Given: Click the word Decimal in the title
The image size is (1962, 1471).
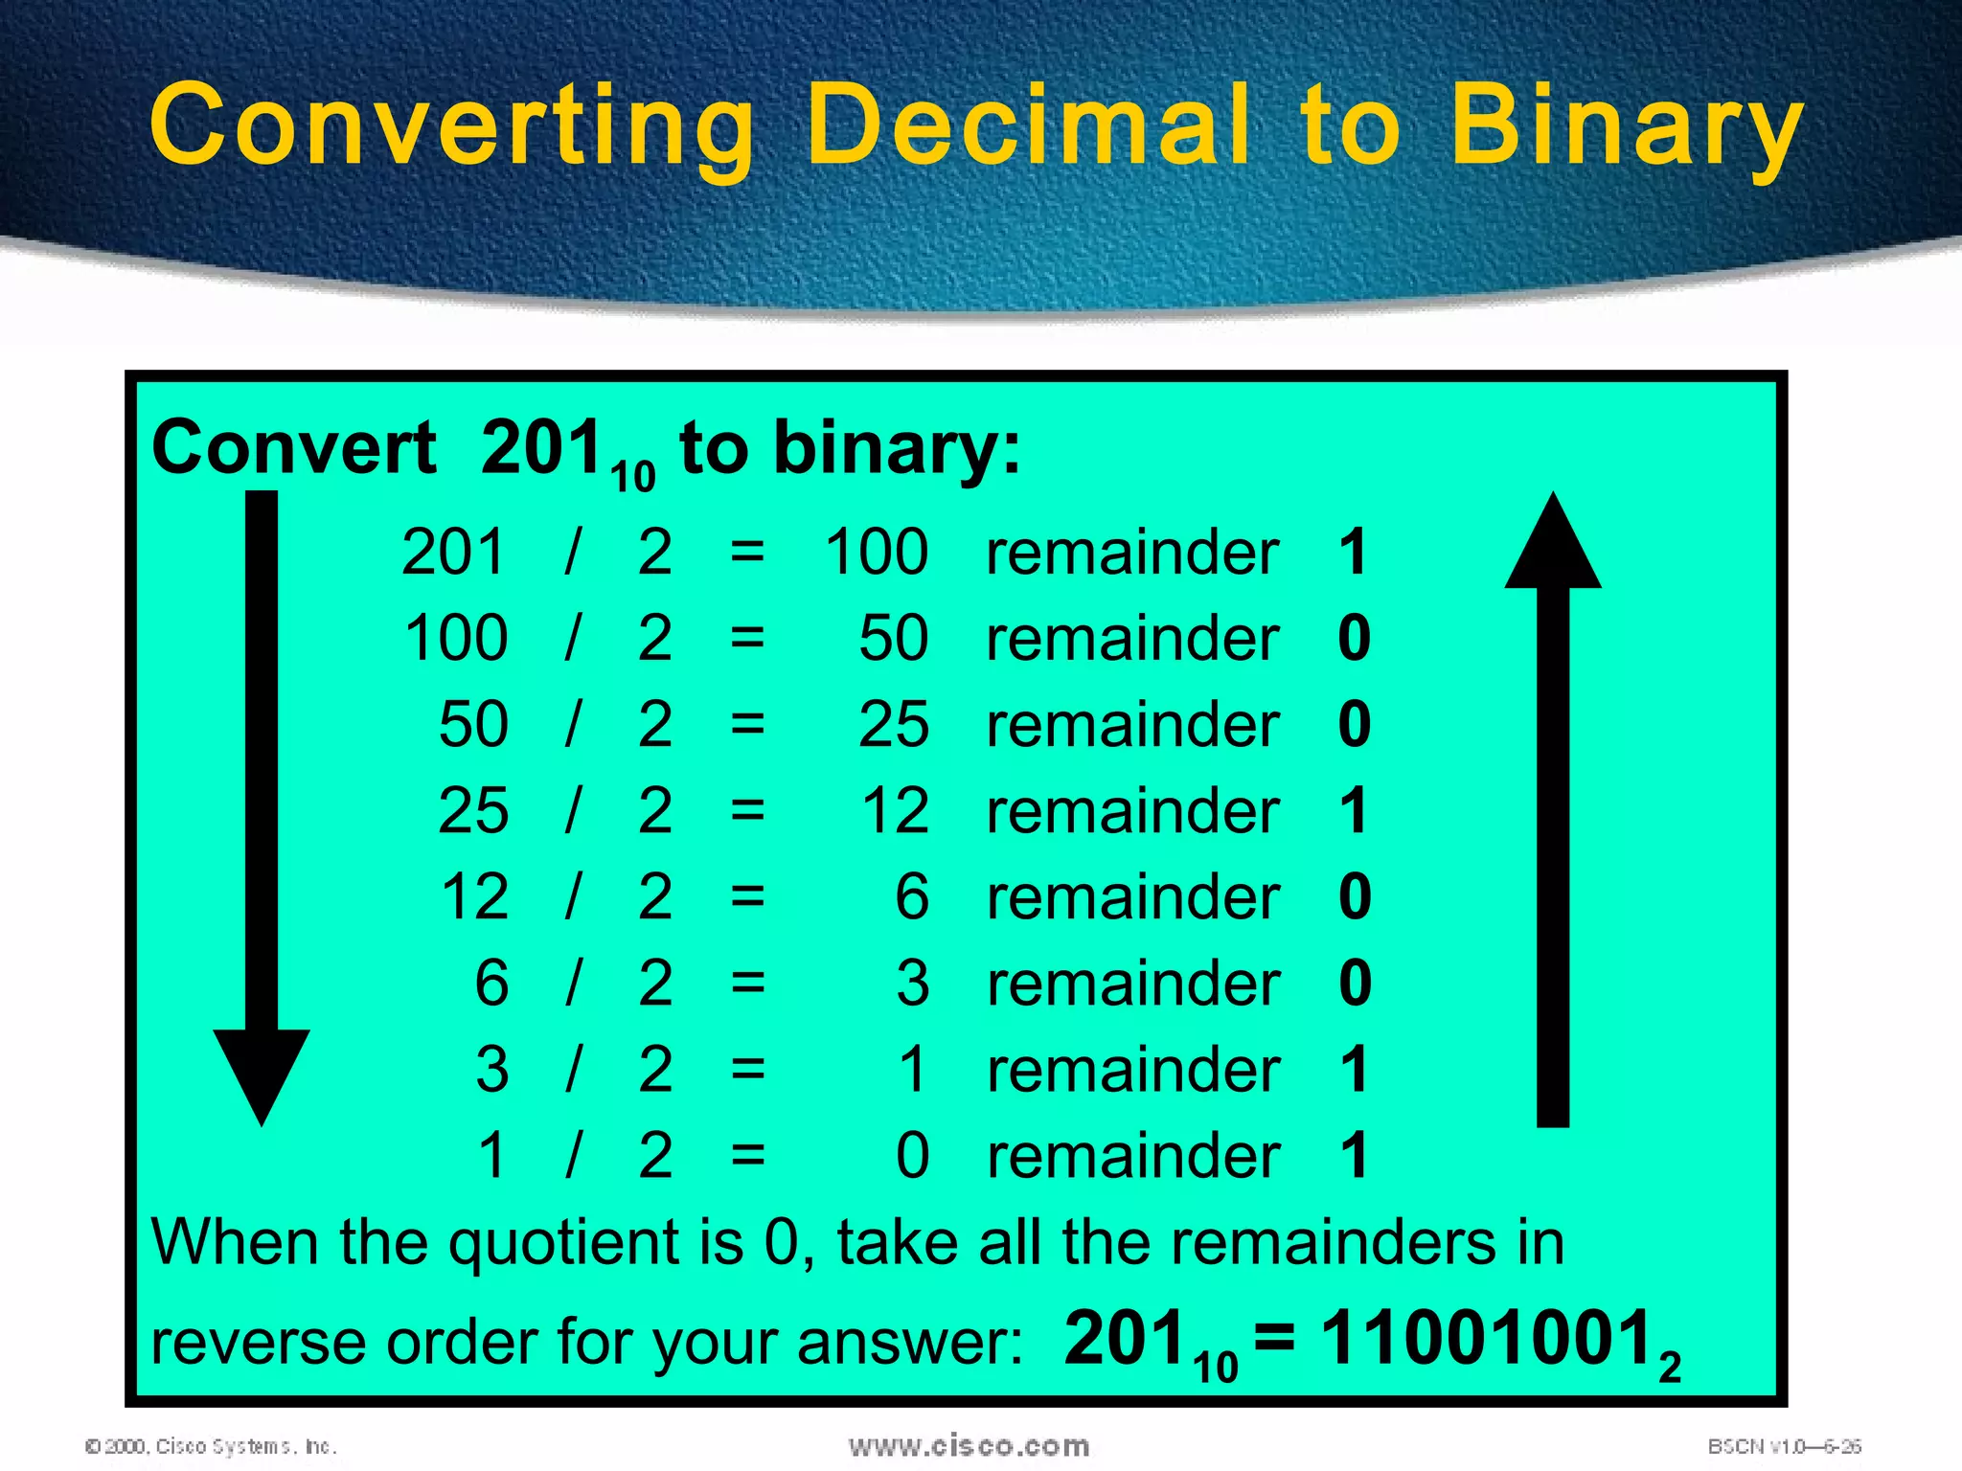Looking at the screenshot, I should click(1028, 124).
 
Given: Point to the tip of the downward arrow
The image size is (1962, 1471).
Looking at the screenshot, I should click(262, 1120).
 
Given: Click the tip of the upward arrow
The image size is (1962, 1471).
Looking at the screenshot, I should click(1553, 498).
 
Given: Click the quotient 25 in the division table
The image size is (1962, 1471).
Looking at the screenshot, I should click(893, 724).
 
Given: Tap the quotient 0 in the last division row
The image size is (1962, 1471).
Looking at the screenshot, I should click(912, 1155).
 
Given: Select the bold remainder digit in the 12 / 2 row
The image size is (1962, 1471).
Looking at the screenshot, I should click(1354, 896).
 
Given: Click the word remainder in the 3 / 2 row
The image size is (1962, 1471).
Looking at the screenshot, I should click(1133, 1070).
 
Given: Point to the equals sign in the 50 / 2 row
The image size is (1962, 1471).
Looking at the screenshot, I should click(747, 724).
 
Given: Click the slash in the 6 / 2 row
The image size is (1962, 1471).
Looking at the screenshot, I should click(573, 983).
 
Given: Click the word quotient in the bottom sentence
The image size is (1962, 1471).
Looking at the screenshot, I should click(566, 1243).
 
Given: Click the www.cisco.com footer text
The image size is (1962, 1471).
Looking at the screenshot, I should click(969, 1446).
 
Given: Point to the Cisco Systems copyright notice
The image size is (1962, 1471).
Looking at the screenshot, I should click(211, 1446).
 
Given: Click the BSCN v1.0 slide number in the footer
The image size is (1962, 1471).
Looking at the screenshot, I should click(1784, 1446).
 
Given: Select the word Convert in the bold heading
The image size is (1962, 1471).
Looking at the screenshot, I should click(294, 447).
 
